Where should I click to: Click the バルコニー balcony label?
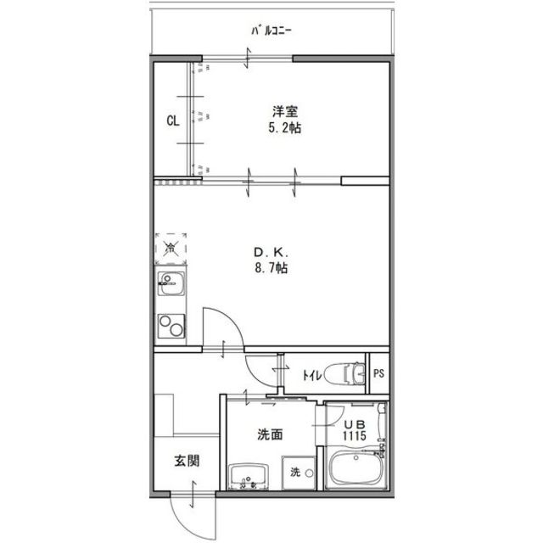(x=271, y=31)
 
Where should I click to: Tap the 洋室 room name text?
(x=284, y=111)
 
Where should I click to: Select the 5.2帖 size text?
(x=284, y=129)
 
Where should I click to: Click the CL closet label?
(x=172, y=120)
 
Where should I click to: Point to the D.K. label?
(x=272, y=252)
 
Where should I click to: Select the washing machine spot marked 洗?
(x=296, y=472)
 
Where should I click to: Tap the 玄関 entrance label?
(x=188, y=462)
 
